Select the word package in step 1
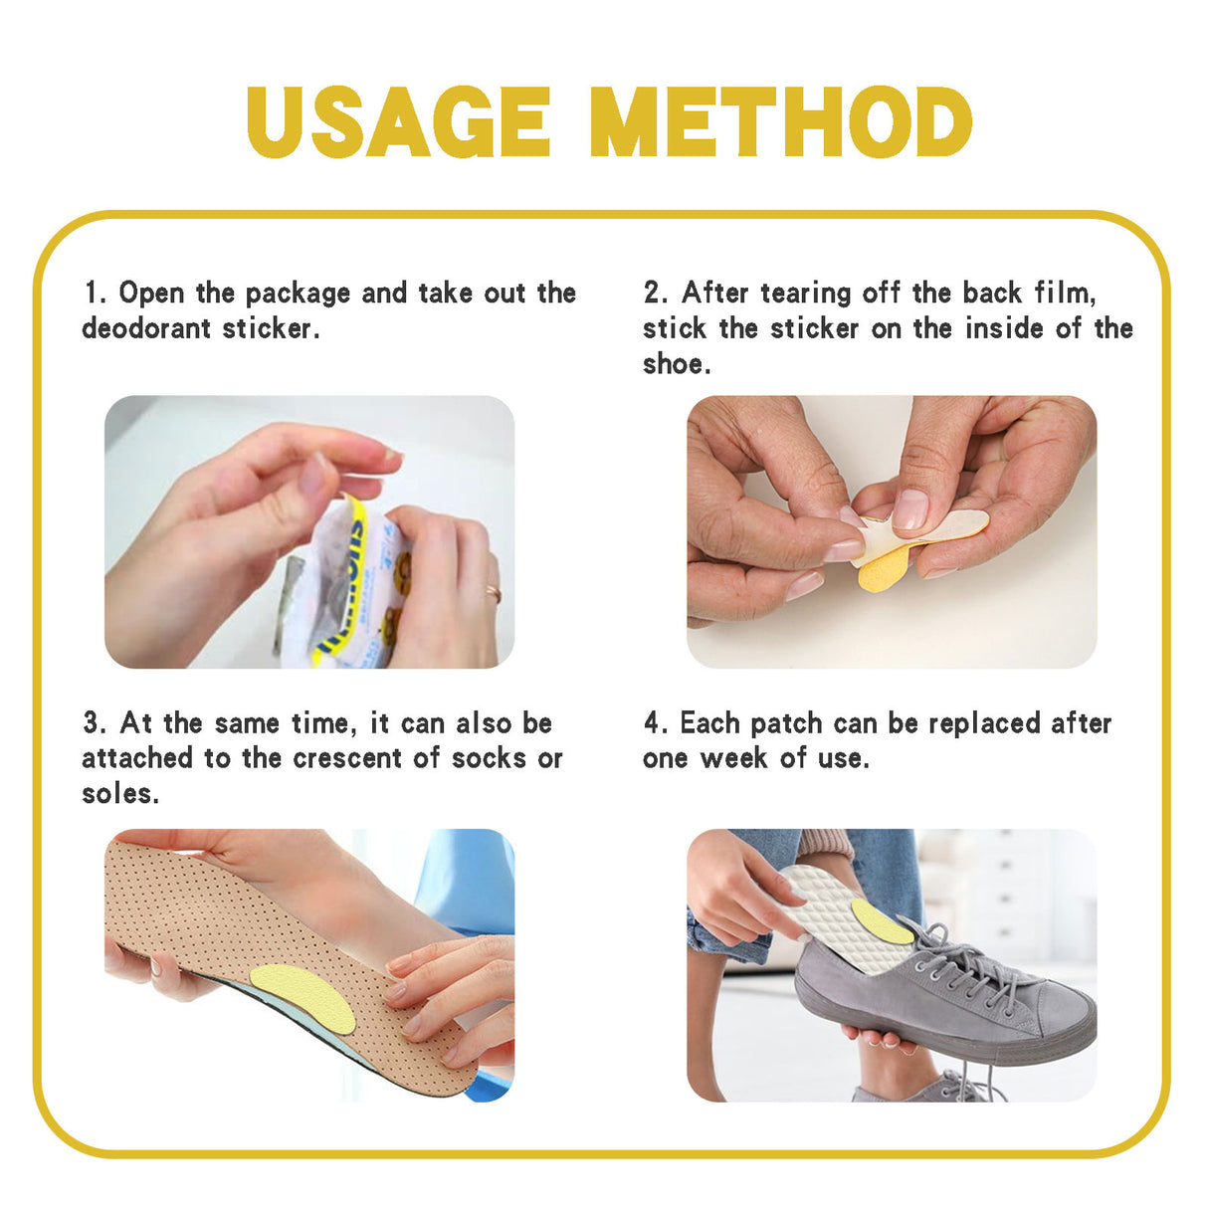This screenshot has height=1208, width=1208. click(x=298, y=294)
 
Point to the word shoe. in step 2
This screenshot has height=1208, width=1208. click(x=677, y=364)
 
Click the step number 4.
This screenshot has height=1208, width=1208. click(x=653, y=723)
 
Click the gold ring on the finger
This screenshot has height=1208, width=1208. click(x=493, y=594)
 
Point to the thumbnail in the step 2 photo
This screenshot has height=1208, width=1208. click(x=909, y=509)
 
